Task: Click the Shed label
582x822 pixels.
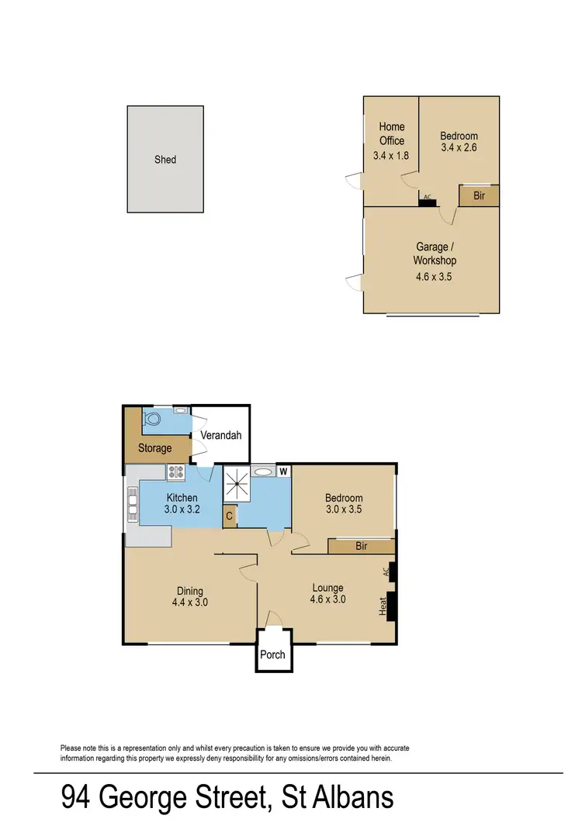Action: (165, 160)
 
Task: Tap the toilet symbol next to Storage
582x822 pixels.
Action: (153, 420)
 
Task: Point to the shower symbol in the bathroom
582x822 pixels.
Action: (237, 485)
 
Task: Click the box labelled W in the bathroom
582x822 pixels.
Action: (283, 471)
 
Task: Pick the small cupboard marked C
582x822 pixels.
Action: (230, 516)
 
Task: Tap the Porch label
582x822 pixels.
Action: (272, 654)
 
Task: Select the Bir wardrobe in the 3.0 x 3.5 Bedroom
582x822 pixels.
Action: (361, 547)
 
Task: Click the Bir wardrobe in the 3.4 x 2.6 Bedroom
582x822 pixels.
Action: (479, 196)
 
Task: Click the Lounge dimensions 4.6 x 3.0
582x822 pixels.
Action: (327, 599)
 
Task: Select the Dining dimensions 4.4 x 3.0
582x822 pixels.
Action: (189, 602)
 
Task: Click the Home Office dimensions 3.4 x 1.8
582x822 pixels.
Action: (391, 155)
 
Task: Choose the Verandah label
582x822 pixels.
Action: (220, 435)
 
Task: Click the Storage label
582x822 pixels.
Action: (155, 448)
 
